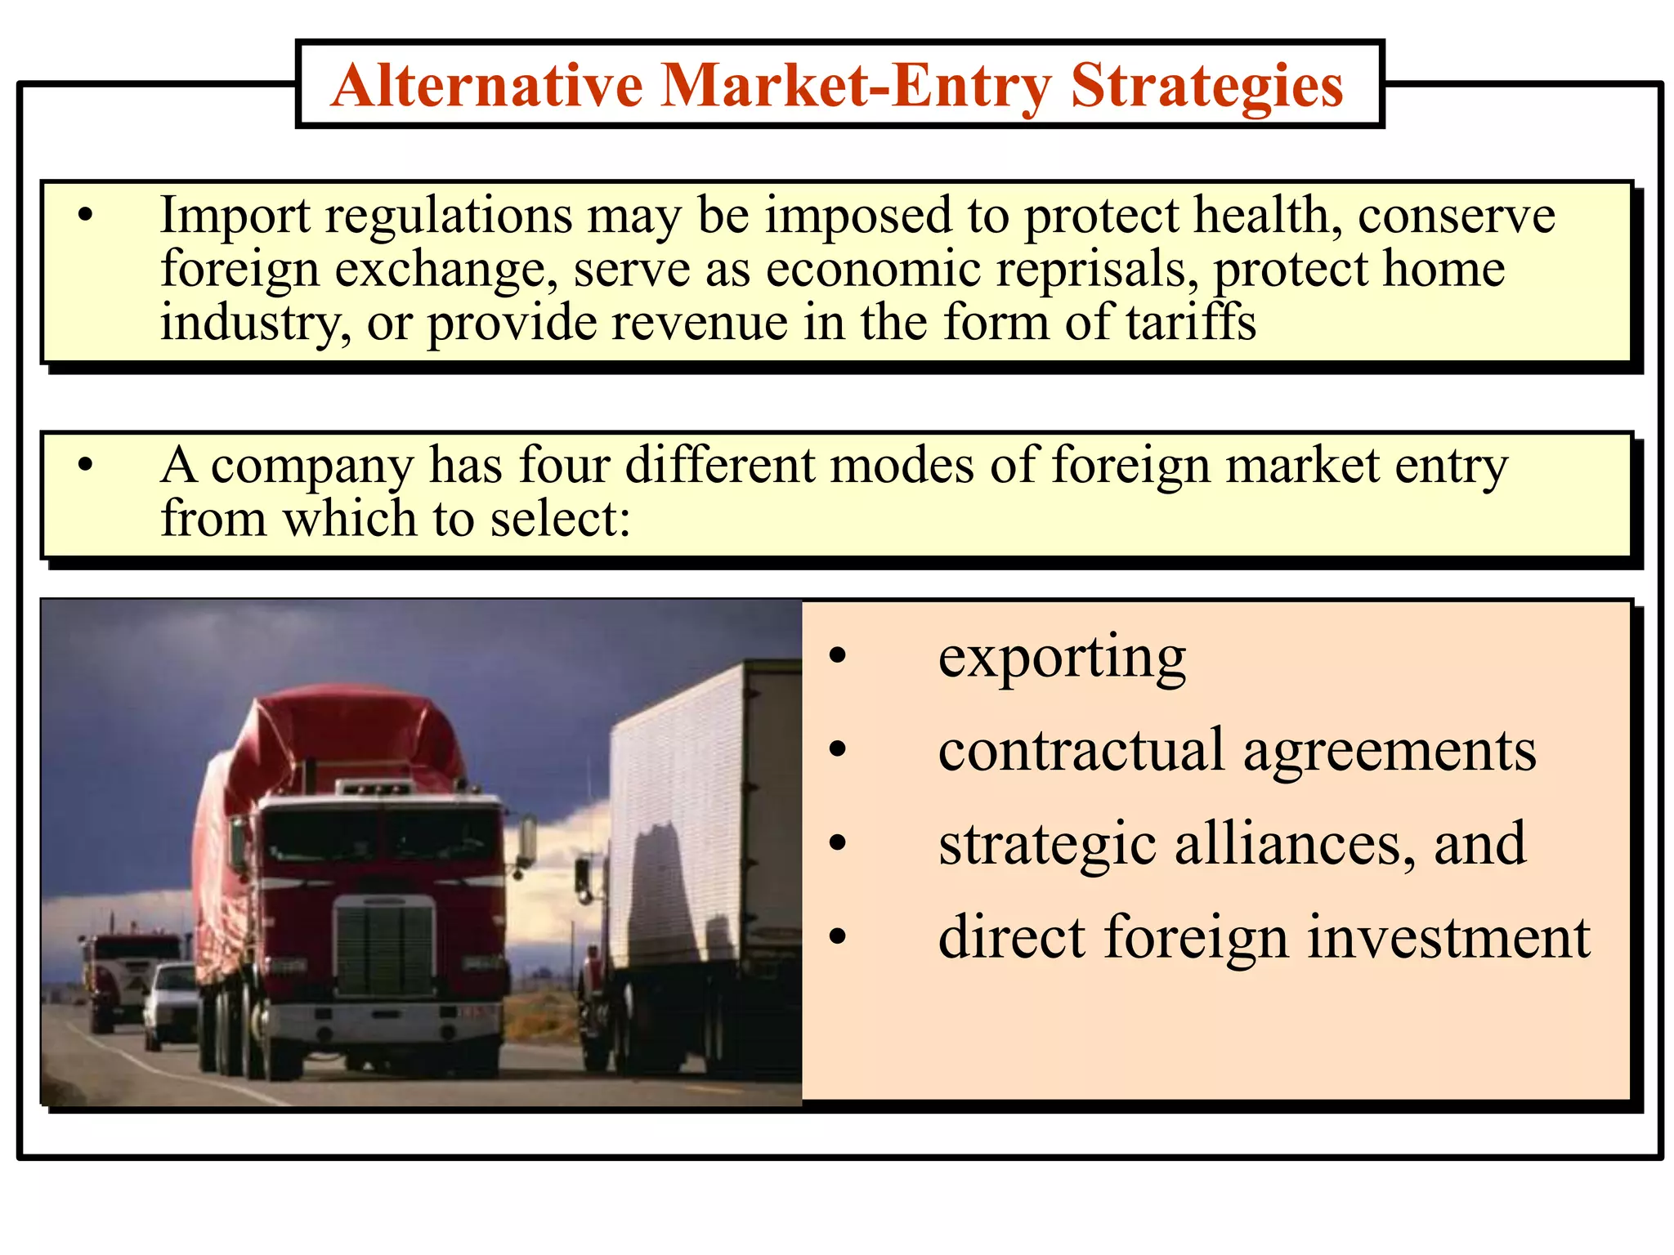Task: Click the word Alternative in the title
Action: click(x=487, y=86)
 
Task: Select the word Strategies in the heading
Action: click(x=1206, y=86)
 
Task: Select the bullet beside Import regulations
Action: click(x=85, y=217)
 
